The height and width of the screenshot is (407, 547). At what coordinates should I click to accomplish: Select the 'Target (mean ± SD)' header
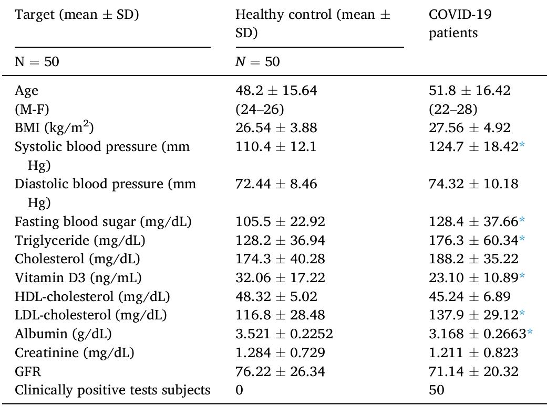(x=77, y=15)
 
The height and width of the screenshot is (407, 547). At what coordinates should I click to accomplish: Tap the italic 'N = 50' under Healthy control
(x=257, y=62)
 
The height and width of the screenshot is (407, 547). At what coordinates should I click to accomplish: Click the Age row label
(x=27, y=91)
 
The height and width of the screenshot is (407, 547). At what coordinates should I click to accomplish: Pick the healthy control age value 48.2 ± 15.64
(x=276, y=91)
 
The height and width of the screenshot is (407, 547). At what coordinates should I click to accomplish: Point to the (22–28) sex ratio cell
(x=453, y=109)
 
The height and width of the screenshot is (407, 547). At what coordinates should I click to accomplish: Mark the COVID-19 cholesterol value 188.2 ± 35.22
(x=473, y=259)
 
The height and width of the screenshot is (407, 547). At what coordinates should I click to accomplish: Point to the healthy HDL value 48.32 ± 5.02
(x=276, y=296)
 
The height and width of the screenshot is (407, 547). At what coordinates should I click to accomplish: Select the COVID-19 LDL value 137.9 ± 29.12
(x=473, y=315)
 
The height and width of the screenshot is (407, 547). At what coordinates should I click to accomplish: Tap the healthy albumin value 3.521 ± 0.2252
(x=284, y=334)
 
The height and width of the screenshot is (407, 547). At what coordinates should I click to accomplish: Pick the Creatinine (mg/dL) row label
(x=74, y=353)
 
